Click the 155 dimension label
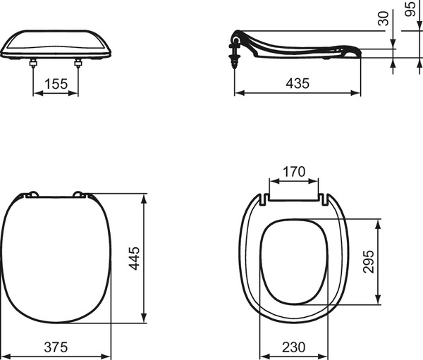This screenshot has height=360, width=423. click(x=56, y=84)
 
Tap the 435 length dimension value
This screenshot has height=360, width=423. click(x=298, y=83)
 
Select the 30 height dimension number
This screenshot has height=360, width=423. click(x=384, y=18)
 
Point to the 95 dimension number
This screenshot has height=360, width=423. click(x=410, y=9)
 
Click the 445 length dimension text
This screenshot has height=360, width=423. click(x=134, y=258)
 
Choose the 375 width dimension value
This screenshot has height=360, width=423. click(x=56, y=347)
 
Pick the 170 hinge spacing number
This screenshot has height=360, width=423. click(x=294, y=172)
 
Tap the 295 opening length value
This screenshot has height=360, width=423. click(x=369, y=261)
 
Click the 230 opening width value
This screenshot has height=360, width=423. click(x=294, y=347)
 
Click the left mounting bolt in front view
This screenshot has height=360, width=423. click(x=33, y=63)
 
